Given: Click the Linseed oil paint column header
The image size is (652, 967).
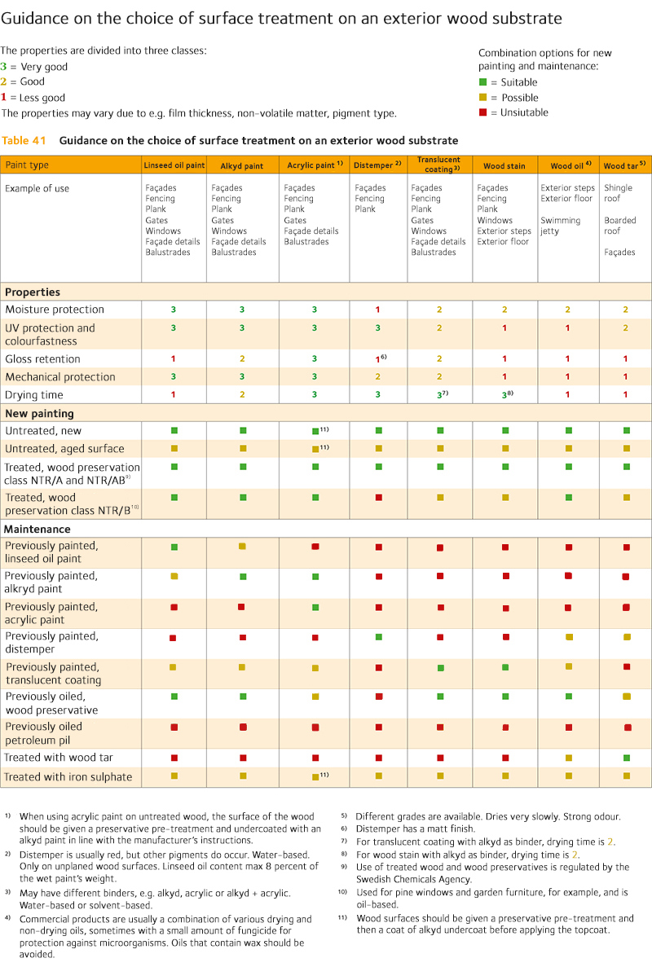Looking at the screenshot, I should point(174,165).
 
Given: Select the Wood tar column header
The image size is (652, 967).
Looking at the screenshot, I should point(624,165).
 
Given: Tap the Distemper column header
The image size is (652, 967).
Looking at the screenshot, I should point(377,165).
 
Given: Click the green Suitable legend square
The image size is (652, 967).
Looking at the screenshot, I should point(482,82).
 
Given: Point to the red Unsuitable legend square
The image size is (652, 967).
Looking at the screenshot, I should point(482,112).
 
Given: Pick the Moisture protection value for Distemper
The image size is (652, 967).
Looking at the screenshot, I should point(378,310).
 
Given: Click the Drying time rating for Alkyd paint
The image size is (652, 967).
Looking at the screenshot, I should point(242,395).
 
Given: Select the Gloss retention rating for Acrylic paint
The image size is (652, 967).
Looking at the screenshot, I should point(315,359).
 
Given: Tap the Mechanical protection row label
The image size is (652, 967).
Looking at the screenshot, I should point(60,377).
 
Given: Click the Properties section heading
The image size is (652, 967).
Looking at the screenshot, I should point(33,292).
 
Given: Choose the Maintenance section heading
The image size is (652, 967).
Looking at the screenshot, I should point(37,530).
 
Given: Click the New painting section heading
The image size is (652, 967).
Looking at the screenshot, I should point(39,414).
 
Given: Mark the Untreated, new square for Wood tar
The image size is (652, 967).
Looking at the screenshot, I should point(627,430).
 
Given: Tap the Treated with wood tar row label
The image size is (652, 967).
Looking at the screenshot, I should point(59,758).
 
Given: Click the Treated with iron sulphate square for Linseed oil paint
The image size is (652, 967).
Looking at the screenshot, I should point(174,776).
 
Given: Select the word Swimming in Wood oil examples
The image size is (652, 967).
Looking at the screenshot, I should point(561,221).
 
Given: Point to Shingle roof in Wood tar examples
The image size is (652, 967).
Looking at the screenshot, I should point(619,193).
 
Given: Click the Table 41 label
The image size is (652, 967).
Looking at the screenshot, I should point(25,141).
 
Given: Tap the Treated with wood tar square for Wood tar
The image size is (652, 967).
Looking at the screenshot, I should point(627,758).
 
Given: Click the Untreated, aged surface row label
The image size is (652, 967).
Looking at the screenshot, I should point(64,449).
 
